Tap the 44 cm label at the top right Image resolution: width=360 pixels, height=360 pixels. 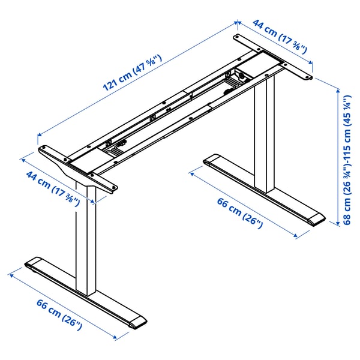click(x=280, y=37)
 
